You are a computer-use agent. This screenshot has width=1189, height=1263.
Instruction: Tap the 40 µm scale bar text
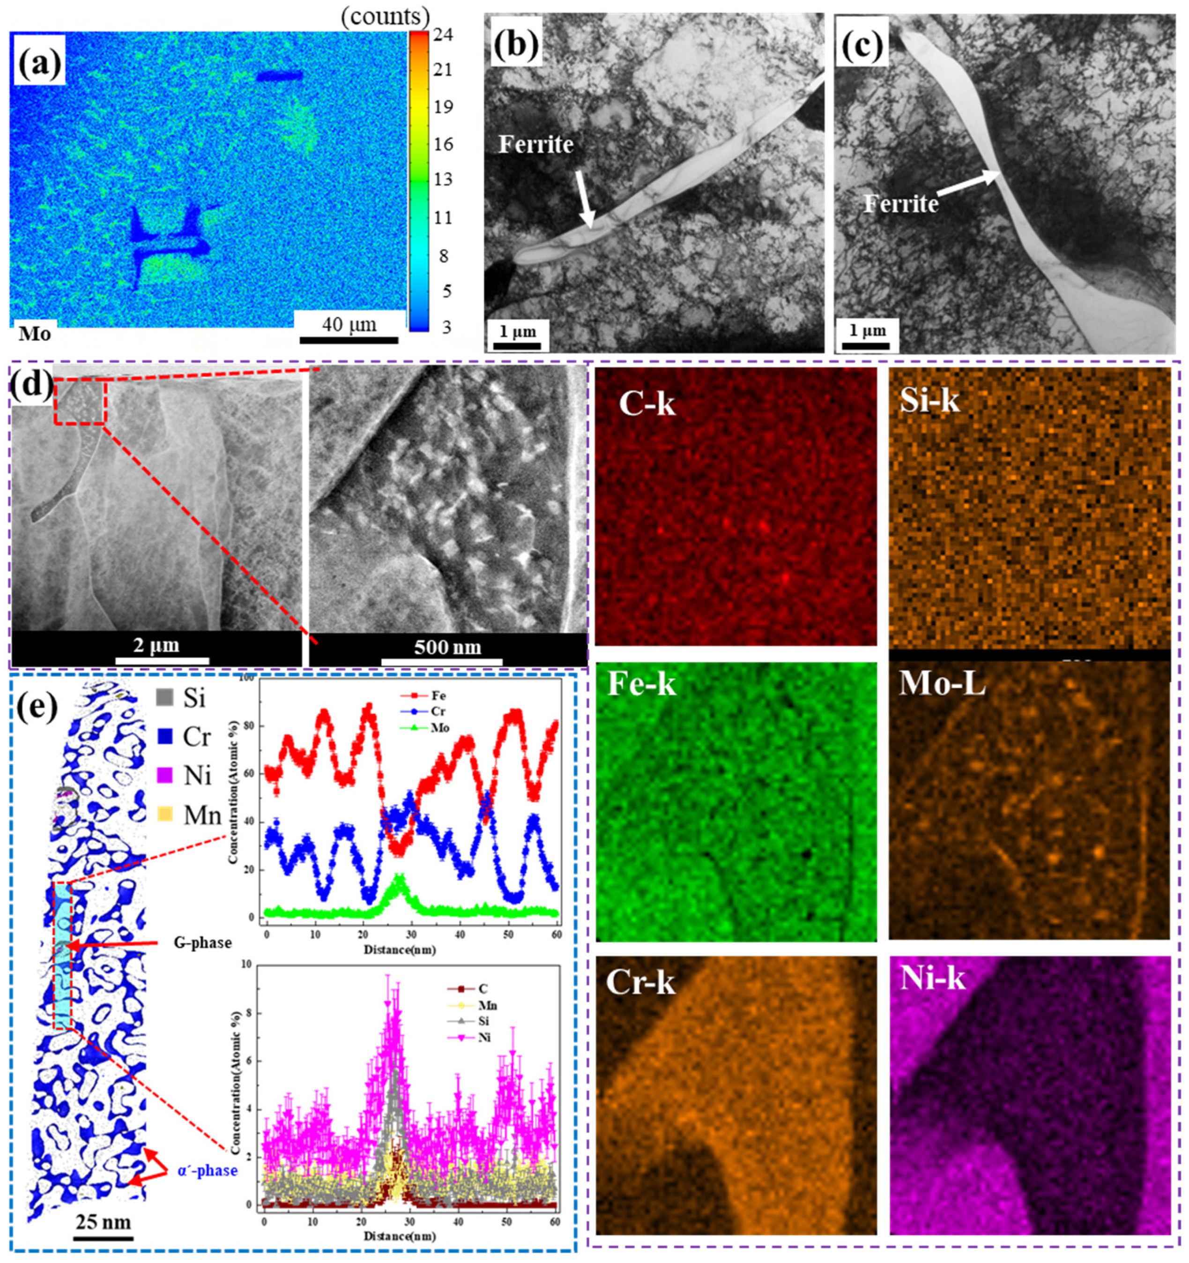349,325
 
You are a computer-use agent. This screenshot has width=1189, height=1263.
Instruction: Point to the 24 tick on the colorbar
439,36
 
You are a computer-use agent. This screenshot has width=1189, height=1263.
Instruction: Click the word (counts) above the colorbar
386,15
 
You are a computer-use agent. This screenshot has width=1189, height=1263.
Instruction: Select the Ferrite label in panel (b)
535,145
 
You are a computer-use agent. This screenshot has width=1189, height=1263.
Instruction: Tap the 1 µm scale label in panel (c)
867,331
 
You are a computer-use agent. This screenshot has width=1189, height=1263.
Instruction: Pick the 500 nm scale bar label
448,647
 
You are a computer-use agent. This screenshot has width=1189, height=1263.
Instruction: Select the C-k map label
647,404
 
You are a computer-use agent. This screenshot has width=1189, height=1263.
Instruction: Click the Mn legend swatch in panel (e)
164,815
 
